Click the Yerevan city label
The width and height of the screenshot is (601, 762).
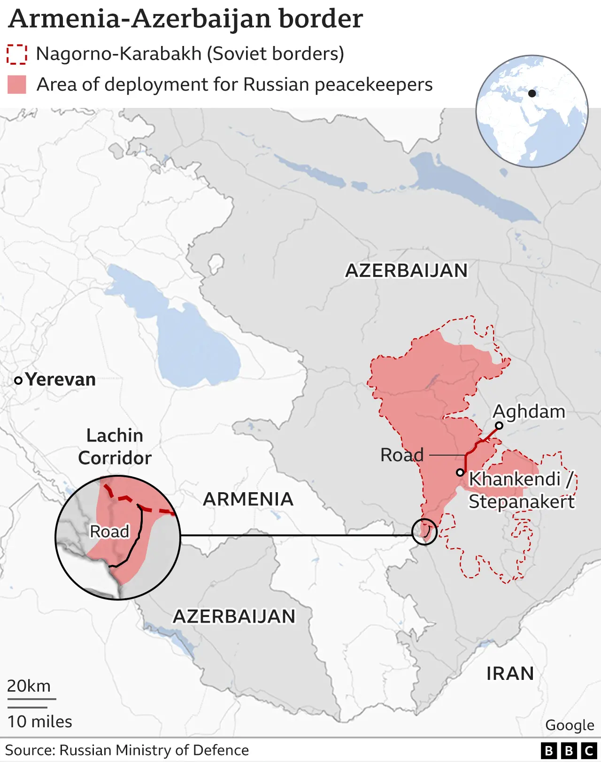tap(60, 379)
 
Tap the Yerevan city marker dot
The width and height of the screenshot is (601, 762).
tap(18, 381)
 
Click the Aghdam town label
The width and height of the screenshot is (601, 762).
tap(529, 411)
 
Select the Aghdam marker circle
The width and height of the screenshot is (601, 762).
tap(499, 426)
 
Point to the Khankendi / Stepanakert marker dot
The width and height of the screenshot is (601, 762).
tap(461, 472)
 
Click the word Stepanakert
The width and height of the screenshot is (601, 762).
tap(521, 502)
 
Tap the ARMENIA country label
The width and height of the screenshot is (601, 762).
tap(248, 499)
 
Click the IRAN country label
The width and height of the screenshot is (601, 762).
tap(510, 673)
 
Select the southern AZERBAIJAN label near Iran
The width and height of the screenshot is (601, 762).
tap(234, 616)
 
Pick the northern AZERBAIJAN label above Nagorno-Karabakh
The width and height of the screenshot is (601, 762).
tap(407, 270)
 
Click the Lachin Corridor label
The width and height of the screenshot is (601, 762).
tap(115, 447)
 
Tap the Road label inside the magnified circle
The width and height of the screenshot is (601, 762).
tap(109, 532)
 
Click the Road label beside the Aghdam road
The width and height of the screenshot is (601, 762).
tap(402, 455)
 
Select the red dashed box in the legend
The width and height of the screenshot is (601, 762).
tap(17, 54)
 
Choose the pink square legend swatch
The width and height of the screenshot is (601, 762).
tap(17, 85)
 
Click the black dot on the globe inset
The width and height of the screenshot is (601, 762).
tap(532, 93)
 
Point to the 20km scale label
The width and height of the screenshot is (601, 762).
tap(29, 686)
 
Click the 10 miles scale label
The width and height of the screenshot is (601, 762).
tap(40, 721)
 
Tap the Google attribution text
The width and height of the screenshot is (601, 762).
tap(570, 725)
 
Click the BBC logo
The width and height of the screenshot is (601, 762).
tap(569, 751)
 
